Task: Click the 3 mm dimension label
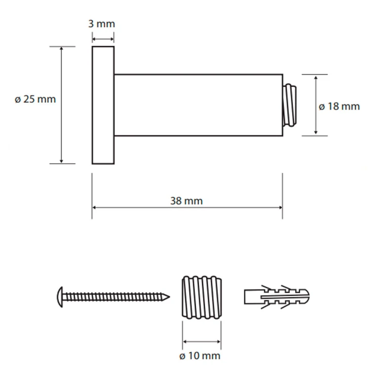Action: [x=102, y=24]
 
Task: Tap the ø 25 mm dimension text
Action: [x=35, y=99]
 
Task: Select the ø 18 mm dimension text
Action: [x=339, y=106]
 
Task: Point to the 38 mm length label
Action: [x=186, y=201]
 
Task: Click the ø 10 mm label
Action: [x=200, y=356]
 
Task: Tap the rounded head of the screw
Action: [x=60, y=297]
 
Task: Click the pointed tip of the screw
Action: [x=169, y=297]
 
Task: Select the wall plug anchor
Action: [x=277, y=297]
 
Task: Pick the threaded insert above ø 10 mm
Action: [x=202, y=297]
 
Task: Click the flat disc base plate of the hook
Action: [x=103, y=105]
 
